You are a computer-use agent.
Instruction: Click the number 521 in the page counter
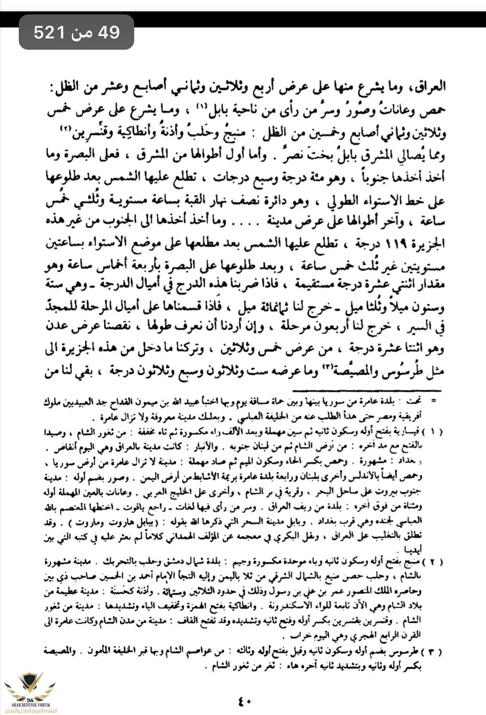[49, 32]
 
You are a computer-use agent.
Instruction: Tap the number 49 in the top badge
[109, 32]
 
